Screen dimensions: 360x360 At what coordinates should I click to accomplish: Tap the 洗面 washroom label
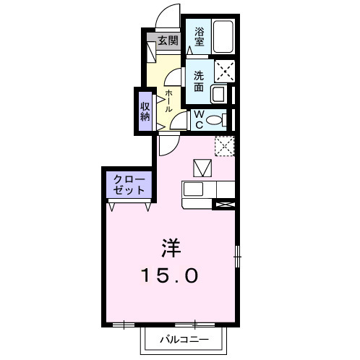[x=198, y=80]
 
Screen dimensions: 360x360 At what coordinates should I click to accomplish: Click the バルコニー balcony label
[x=184, y=338]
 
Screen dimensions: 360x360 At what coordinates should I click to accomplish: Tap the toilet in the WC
[x=216, y=120]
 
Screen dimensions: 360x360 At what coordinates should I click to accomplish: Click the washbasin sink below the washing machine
[x=218, y=93]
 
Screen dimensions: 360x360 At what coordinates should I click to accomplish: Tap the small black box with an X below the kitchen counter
[x=223, y=205]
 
